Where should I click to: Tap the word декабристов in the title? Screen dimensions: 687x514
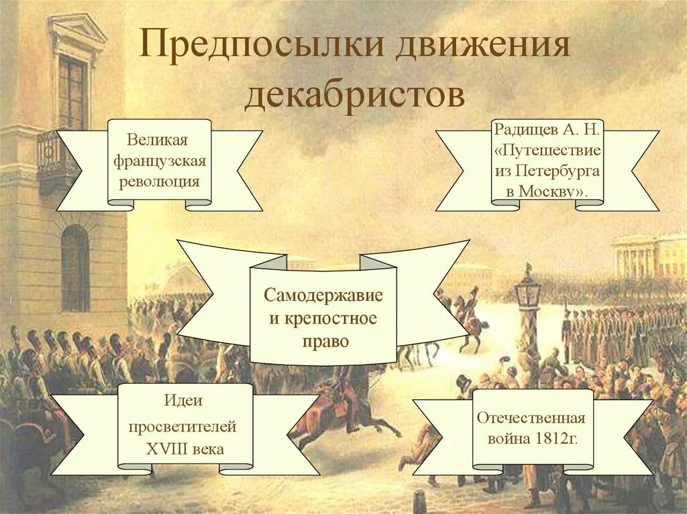[354, 95]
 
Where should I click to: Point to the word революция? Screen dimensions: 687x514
[160, 182]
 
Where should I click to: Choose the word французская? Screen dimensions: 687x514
[160, 162]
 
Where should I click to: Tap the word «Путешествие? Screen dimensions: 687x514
[547, 149]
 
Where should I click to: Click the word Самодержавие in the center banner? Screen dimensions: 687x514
[323, 296]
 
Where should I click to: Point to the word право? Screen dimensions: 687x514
[323, 341]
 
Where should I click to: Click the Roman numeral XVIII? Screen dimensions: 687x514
[168, 449]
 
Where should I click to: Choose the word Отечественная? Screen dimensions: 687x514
[531, 418]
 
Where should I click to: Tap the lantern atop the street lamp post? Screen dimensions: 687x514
[527, 291]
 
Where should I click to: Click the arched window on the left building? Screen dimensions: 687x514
[74, 267]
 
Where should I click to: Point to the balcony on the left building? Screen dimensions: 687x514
[57, 161]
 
